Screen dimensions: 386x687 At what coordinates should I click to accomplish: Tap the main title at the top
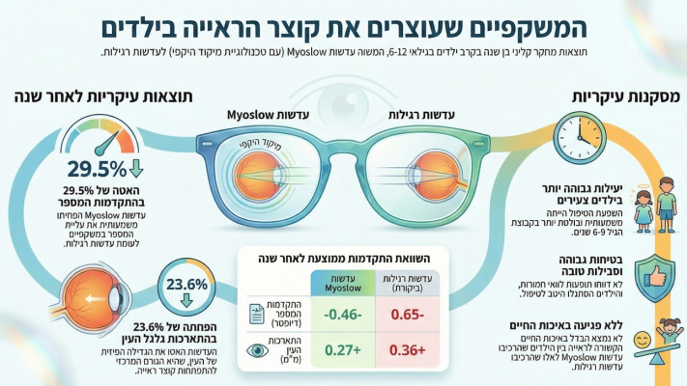(343, 24)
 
